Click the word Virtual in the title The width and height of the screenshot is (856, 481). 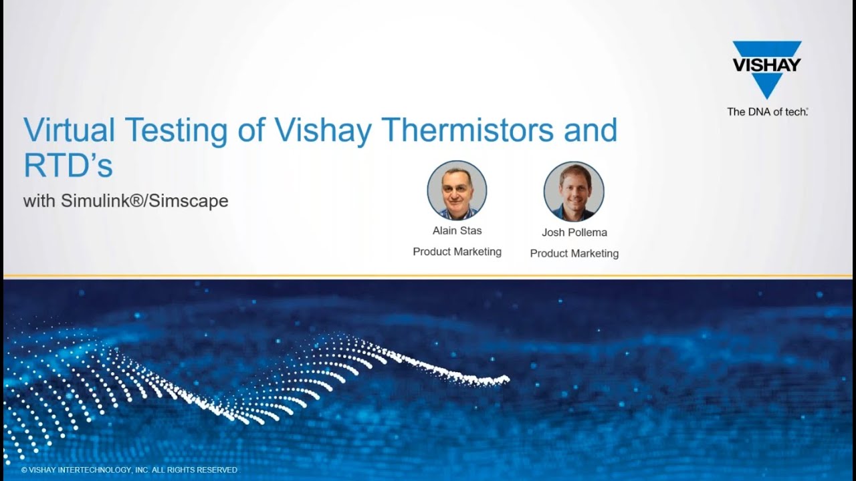tap(69, 130)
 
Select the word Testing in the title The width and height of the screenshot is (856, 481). tap(176, 132)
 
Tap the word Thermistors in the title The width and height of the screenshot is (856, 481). tap(467, 130)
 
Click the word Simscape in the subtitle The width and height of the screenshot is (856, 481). tap(188, 201)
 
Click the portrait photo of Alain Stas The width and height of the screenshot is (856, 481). tap(457, 190)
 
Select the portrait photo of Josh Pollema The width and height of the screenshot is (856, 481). tap(574, 191)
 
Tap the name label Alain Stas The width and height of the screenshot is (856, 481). tap(457, 230)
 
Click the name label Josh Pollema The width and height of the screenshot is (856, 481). tap(574, 232)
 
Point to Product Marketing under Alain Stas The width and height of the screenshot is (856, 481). tap(457, 252)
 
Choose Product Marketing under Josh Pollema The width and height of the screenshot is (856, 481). tap(574, 253)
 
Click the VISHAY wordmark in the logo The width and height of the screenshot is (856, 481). tap(766, 65)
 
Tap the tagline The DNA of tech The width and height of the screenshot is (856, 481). tap(767, 112)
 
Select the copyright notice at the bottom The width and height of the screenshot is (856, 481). tap(130, 470)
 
